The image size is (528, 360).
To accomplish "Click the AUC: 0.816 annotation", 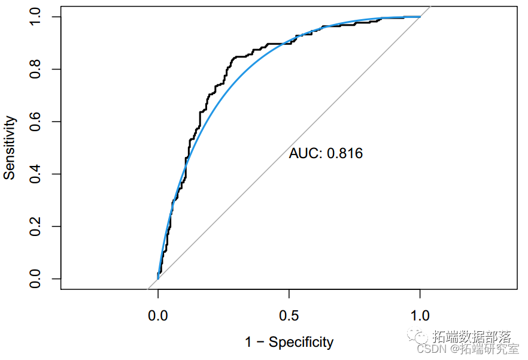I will click(x=326, y=154).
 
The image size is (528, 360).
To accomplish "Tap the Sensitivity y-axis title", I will click(x=10, y=148).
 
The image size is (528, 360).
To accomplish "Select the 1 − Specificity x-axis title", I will click(x=289, y=342).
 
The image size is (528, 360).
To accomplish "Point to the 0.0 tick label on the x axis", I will click(x=158, y=315).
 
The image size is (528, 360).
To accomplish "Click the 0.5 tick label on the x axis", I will click(x=289, y=315).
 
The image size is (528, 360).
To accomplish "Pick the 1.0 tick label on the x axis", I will click(x=420, y=315).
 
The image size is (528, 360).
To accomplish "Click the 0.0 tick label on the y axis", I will click(x=35, y=279).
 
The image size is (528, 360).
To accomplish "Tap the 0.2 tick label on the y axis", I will click(x=35, y=226).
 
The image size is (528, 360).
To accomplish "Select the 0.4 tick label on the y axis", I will click(x=35, y=174).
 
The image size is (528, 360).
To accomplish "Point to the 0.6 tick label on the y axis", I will click(x=35, y=122).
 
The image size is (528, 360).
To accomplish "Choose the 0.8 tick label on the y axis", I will click(x=35, y=69).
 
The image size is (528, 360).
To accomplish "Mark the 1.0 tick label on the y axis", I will click(x=35, y=17).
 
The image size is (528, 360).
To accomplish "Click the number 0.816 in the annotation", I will click(x=345, y=154).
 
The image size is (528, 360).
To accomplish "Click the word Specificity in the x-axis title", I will click(x=301, y=342).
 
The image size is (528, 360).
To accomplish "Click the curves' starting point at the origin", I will click(x=158, y=279).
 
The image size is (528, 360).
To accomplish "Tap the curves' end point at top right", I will click(x=420, y=17).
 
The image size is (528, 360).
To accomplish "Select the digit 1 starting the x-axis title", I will click(x=248, y=342).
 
